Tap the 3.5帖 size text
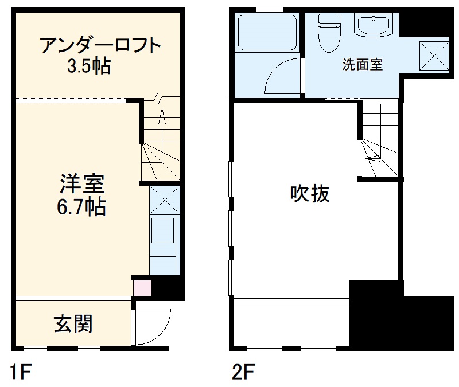click(89, 67)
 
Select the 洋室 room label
click(80, 184)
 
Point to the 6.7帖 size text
click(80, 206)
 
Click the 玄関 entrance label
click(73, 325)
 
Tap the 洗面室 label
click(362, 64)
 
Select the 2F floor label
click(243, 372)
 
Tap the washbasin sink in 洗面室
click(373, 26)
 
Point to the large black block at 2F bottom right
click(402, 321)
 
